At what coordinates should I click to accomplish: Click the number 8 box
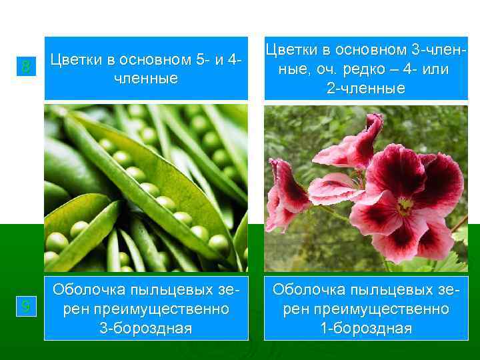[x=25, y=67]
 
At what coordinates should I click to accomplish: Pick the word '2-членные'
[x=366, y=88]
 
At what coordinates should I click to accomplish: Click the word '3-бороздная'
[x=146, y=328]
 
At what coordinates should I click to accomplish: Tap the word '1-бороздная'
[x=366, y=328]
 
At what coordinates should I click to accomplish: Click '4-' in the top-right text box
[x=409, y=69]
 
